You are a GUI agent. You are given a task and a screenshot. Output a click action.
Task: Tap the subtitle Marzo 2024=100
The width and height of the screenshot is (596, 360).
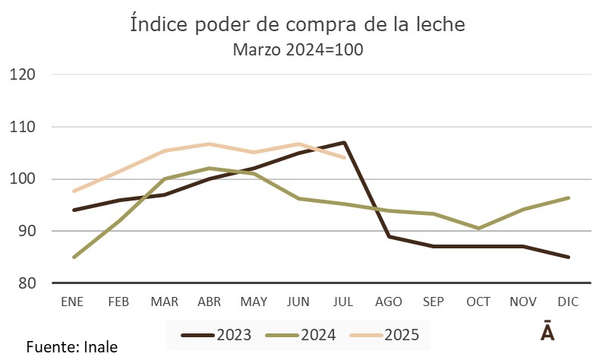[298, 51]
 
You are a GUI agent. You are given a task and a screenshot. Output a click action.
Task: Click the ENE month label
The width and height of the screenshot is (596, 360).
[73, 302]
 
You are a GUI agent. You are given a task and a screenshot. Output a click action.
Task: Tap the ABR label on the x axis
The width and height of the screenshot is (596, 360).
[209, 302]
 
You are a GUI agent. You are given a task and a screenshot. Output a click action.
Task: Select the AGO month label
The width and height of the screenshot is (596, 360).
[389, 302]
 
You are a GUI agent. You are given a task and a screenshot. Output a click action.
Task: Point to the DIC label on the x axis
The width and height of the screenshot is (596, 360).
[569, 302]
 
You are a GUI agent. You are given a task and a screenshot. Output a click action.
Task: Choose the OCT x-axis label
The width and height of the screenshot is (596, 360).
[479, 302]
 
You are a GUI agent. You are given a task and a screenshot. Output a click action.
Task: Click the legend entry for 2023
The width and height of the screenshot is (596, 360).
[217, 333]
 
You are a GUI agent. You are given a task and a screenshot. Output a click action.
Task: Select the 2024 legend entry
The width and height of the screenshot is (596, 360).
[299, 333]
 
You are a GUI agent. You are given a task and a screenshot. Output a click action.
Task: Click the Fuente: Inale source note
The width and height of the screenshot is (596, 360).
[72, 347]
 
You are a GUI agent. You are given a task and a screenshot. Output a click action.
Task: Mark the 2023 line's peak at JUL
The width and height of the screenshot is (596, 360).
[344, 143]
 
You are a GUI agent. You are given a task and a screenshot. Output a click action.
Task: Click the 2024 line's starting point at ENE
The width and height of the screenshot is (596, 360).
[74, 257]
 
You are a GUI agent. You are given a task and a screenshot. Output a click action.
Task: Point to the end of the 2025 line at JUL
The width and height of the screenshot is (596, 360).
[344, 157]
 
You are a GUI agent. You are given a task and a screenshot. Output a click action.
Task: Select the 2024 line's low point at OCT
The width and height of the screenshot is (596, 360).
[479, 228]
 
